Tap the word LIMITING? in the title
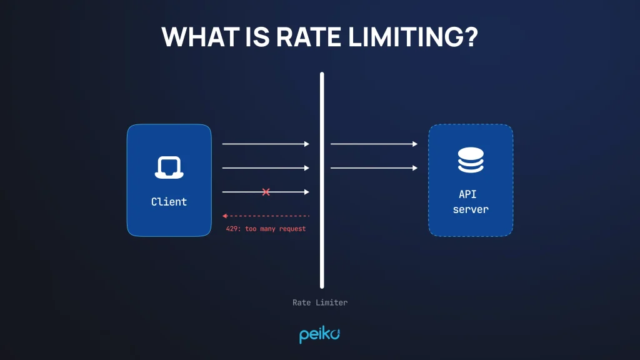point(413,37)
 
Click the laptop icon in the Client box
point(169,167)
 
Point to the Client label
point(169,202)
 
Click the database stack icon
point(471,160)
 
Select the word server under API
point(471,209)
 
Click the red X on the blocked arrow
point(266,192)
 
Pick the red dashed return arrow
point(266,216)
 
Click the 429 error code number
point(232,229)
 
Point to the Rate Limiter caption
point(320,302)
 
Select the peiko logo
point(319,334)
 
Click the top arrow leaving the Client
point(266,144)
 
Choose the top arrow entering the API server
point(374,144)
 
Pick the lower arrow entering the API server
point(374,168)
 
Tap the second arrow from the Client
point(266,168)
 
